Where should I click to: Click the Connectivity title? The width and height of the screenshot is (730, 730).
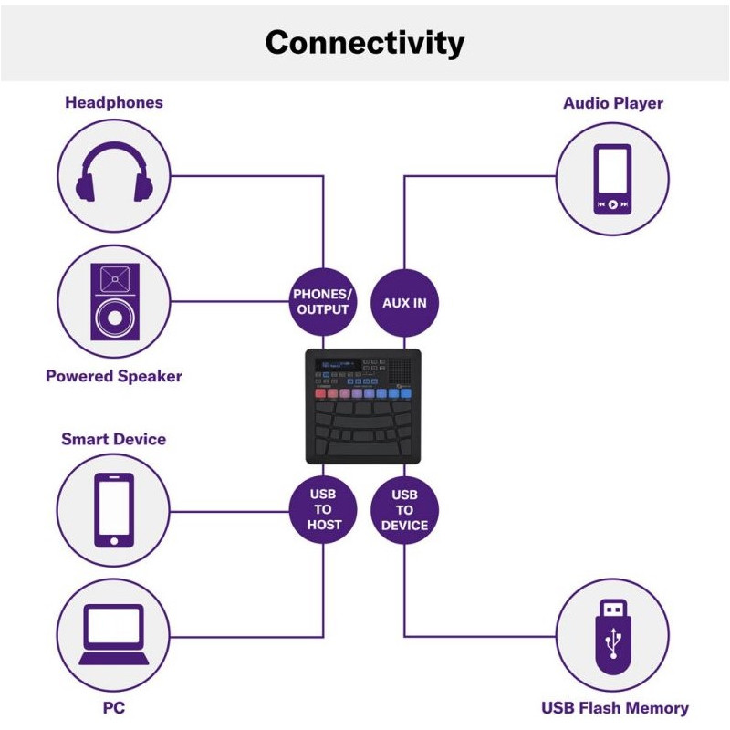pos(364,43)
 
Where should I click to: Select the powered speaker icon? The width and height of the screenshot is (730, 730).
pos(114,301)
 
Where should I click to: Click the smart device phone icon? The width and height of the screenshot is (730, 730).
pos(114,510)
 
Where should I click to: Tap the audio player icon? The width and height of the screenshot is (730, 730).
pos(612,178)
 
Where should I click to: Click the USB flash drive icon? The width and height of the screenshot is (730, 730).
pos(612,635)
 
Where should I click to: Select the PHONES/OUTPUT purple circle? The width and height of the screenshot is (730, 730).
pos(321,302)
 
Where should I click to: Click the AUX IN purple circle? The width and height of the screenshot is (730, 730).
pos(404,302)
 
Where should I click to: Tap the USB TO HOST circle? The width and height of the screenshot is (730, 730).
pos(321,511)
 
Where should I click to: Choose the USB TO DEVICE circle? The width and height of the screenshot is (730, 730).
pos(404,511)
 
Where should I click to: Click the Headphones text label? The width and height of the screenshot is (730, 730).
pos(114,102)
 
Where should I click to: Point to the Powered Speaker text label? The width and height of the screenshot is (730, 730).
pos(114,376)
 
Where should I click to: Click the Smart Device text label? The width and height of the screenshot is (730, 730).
pos(114,439)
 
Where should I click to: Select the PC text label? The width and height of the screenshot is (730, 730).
pos(114,707)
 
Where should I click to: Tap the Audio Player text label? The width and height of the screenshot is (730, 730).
pos(612,103)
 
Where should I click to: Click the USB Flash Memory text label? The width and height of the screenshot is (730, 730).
pos(614,707)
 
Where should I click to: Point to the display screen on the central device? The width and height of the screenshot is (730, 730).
pos(337,365)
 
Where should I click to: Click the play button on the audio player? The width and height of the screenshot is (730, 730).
pos(612,204)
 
